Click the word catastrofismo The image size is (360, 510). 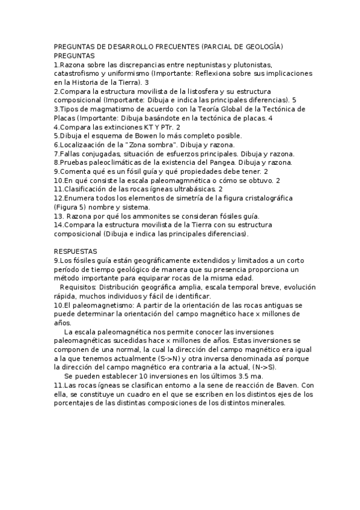click(77, 73)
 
